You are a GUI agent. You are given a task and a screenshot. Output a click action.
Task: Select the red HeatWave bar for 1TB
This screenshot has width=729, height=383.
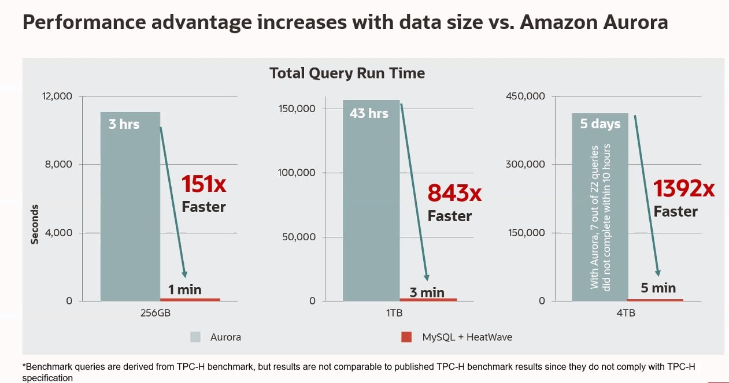pos(428,299)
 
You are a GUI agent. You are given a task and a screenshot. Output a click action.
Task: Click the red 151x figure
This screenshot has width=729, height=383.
pos(203,184)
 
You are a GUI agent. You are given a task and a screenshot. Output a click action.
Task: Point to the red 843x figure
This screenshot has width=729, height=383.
pos(454,193)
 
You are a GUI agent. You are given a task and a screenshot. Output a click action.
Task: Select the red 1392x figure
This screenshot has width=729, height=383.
pos(684,188)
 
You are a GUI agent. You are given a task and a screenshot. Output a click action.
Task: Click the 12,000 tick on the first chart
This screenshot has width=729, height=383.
pos(57,96)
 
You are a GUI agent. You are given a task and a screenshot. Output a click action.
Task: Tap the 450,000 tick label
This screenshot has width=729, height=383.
pos(525,96)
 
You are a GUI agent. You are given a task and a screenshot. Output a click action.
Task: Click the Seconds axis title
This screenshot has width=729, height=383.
pos(35,224)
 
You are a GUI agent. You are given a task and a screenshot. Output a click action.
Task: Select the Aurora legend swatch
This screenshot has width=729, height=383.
pos(196,337)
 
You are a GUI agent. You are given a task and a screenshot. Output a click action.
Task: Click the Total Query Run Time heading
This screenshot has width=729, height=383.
pos(347,73)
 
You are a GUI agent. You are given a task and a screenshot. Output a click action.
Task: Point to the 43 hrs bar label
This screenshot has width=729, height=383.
pos(369,113)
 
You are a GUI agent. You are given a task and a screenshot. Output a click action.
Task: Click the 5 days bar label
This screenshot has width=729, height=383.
pos(600,124)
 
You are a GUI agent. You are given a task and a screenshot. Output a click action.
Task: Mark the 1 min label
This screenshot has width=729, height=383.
pos(185,289)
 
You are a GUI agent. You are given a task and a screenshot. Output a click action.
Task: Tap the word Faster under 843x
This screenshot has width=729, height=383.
pos(450,216)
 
